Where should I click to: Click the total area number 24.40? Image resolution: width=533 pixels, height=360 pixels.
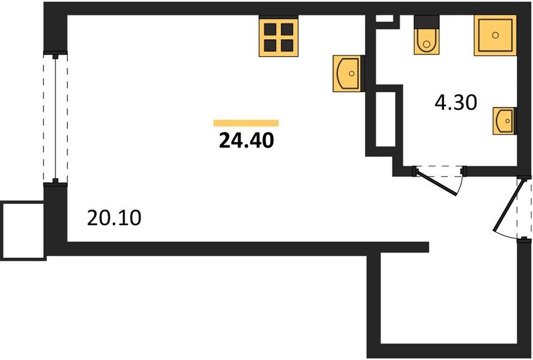tap(247, 140)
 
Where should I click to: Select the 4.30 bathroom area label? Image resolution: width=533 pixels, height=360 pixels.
tap(456, 103)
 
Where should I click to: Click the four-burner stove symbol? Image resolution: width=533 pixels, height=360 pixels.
tap(279, 37)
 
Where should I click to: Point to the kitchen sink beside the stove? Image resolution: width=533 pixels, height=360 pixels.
tap(348, 74)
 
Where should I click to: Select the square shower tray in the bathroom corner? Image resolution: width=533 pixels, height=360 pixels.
tap(495, 35)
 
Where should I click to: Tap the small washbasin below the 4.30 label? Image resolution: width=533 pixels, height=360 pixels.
tap(504, 122)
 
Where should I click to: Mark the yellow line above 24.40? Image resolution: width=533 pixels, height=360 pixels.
tap(246, 123)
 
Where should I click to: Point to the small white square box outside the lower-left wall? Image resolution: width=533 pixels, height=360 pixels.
tap(23, 230)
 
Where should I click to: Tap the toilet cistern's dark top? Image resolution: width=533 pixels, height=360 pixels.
tap(427, 21)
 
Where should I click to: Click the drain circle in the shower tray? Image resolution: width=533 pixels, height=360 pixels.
tap(496, 35)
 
